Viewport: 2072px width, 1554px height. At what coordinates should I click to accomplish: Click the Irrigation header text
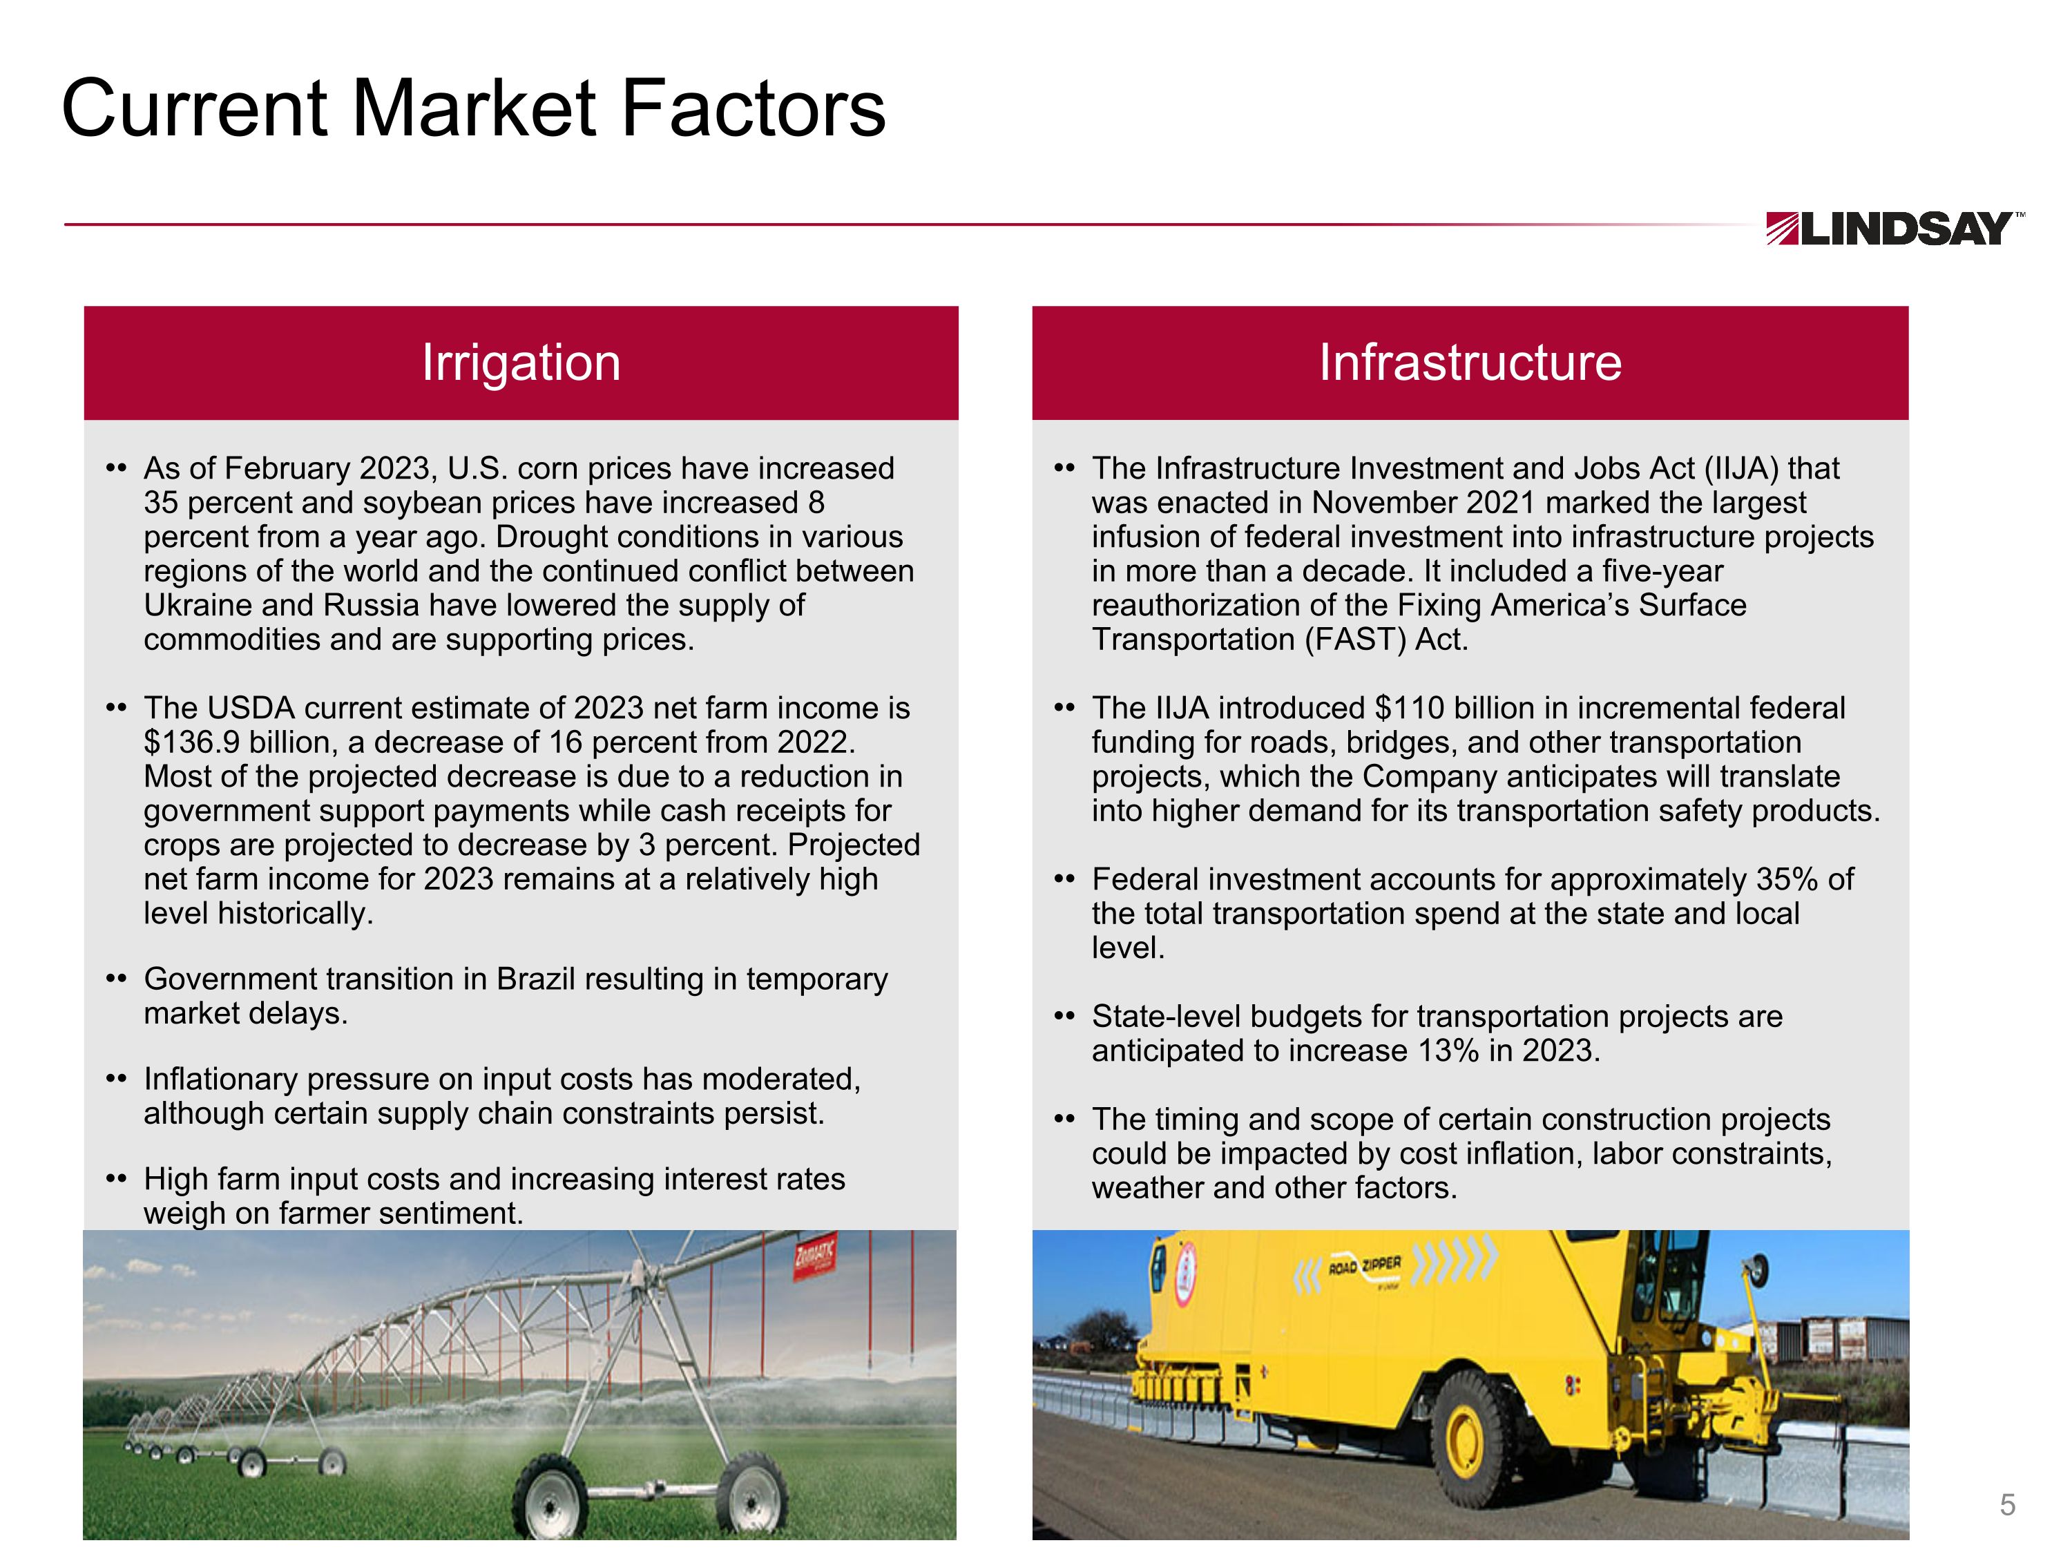[521, 363]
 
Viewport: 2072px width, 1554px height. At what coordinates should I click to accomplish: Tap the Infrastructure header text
[1470, 363]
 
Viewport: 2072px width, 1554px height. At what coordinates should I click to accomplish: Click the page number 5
[2006, 1504]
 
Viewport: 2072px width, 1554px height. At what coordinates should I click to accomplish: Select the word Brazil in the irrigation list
[534, 979]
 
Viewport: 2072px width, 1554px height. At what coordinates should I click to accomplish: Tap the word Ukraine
[198, 606]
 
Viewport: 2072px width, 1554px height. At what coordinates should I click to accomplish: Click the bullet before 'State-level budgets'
[1064, 1017]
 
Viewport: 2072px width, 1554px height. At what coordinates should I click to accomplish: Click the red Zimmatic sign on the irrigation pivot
[814, 1256]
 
